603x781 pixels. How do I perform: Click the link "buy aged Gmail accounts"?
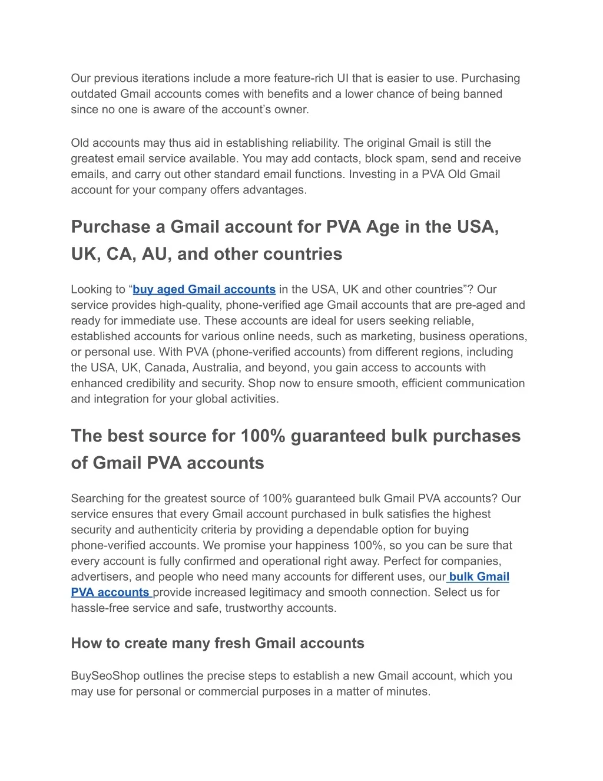[x=204, y=289]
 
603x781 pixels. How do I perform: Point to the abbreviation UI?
[x=343, y=78]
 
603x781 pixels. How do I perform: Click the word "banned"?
[x=483, y=94]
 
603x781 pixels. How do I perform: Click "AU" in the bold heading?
[x=155, y=254]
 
